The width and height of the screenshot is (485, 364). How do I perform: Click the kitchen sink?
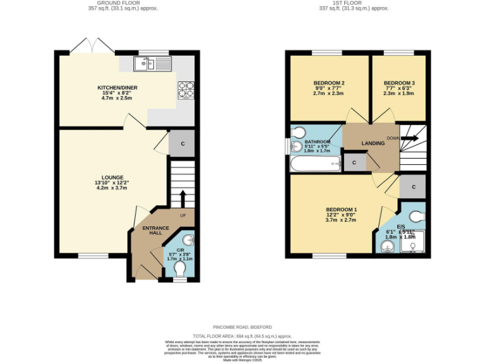point(152,63)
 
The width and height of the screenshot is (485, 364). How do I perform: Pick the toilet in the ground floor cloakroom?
point(180,269)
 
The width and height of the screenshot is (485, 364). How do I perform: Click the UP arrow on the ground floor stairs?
point(182,197)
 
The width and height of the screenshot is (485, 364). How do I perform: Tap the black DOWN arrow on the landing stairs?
point(410,138)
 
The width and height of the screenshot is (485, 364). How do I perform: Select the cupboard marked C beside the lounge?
point(183,143)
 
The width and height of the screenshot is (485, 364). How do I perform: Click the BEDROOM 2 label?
point(328,83)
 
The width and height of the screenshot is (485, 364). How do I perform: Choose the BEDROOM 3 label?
point(399,83)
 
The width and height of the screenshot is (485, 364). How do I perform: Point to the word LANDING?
point(373,143)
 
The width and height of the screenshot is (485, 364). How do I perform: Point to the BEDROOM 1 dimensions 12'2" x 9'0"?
point(341,215)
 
